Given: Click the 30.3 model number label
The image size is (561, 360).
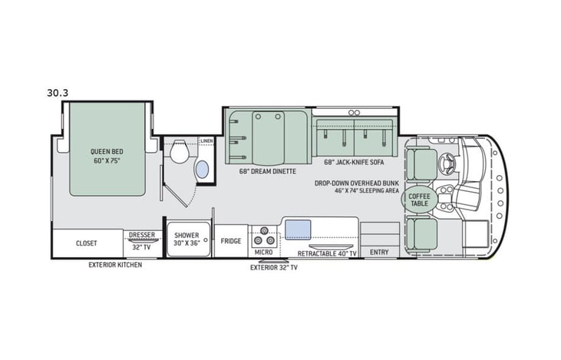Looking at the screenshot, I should tap(58, 94).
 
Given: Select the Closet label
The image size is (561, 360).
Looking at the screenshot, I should tap(86, 243).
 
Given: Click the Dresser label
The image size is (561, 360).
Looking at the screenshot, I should tap(142, 236).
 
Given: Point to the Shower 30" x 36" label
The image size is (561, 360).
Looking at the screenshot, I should tap(186, 239).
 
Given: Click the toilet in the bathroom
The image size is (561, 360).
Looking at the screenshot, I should tap(179, 152).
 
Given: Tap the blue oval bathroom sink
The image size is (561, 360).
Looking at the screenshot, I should tap(203, 170).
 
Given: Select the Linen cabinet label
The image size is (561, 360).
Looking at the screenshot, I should tap(206, 141).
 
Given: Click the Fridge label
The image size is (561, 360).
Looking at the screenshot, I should tap(231, 240).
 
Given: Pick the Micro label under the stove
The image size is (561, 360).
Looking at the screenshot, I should tap(263, 251).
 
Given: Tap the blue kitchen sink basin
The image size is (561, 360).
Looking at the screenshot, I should tap(297, 228).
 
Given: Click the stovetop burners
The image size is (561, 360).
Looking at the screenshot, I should tap(264, 233).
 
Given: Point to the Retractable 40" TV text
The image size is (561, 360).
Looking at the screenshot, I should tap(328, 252).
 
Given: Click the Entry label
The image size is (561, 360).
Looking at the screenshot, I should tap(379, 252).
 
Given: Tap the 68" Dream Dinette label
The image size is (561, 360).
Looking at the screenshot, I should tap(267, 171).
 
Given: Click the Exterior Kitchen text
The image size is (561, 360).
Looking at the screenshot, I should tap(115, 265).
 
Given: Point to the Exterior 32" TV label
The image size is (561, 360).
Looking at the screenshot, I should tap(274, 268).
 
